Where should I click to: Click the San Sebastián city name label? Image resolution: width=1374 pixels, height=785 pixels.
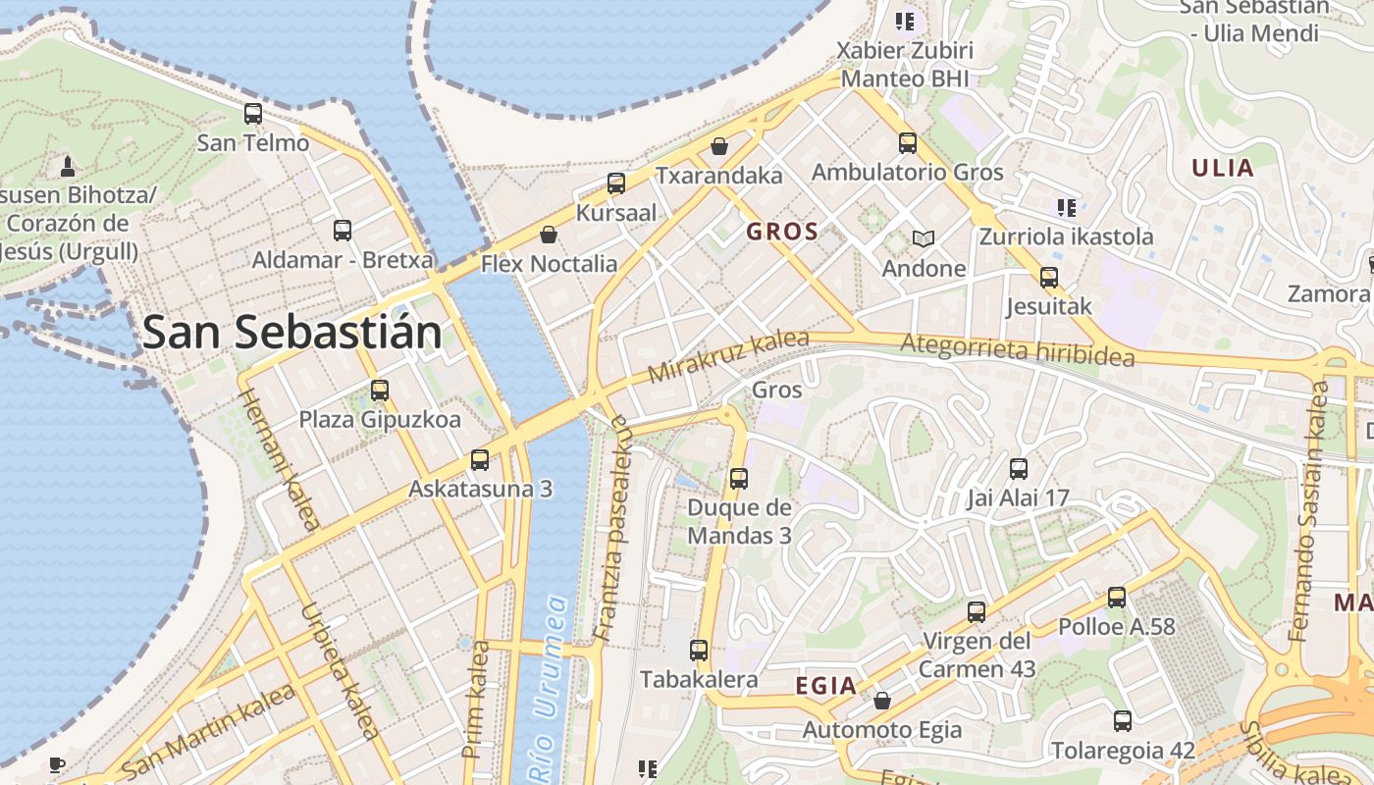tap(292, 333)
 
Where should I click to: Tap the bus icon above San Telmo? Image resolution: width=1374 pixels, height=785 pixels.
tap(253, 114)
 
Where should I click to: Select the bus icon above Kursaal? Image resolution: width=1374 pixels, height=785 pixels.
tap(616, 183)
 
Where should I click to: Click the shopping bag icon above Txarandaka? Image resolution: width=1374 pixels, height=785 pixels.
tap(719, 146)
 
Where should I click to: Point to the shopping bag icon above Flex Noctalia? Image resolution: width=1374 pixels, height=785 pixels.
tap(549, 235)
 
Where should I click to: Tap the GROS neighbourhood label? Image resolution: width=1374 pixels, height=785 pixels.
tap(782, 232)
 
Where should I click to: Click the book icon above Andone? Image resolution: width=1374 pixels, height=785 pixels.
tap(924, 238)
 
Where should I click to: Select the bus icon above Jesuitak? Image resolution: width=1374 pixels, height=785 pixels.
tap(1049, 278)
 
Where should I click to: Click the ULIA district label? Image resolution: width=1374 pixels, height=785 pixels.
tap(1223, 168)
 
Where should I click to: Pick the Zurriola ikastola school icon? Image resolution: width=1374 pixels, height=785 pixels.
tap(1067, 207)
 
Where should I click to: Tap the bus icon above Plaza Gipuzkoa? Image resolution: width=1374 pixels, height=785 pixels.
tap(380, 391)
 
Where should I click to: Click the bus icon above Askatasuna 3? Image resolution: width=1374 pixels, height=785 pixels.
tap(480, 459)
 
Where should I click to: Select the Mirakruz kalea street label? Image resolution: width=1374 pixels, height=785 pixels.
tap(728, 357)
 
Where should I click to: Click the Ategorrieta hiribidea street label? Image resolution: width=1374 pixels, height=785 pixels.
tap(1017, 348)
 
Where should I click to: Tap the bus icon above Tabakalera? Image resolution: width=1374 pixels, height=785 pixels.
tap(699, 650)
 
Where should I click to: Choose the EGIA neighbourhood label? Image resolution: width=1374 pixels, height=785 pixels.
tap(826, 686)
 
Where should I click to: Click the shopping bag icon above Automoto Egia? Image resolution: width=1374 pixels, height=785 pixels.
tap(882, 701)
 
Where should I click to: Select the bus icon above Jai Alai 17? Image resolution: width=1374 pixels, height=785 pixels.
tap(1019, 469)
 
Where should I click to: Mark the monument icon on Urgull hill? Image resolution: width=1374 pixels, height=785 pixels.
tap(68, 166)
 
